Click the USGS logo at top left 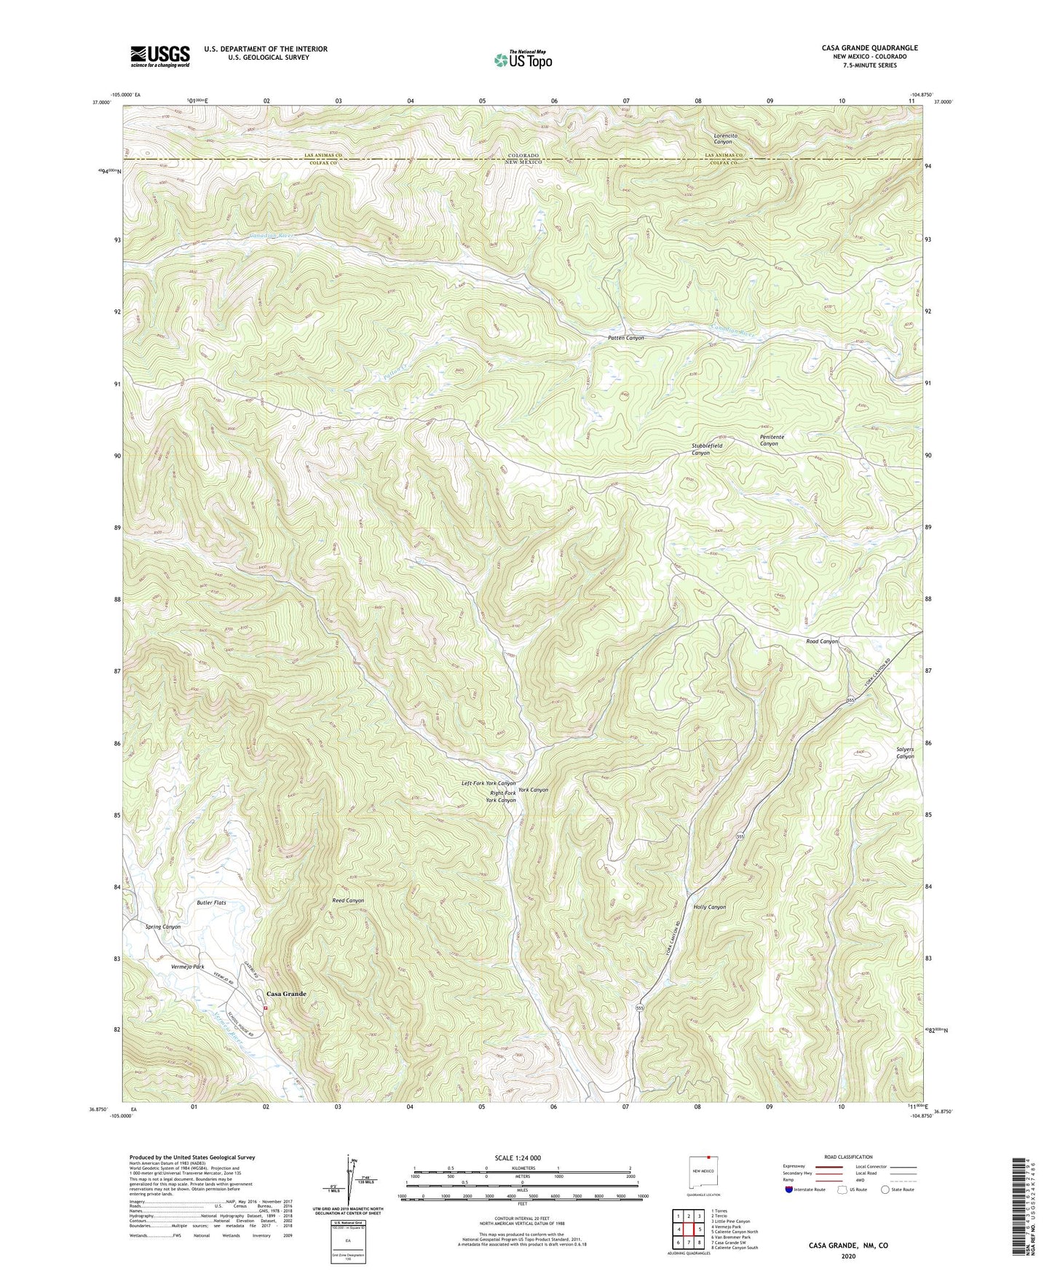click(160, 55)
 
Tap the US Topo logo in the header click(522, 60)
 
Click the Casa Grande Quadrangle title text click(869, 48)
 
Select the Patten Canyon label click(626, 338)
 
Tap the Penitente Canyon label click(772, 440)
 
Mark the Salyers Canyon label click(905, 753)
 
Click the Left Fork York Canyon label click(489, 783)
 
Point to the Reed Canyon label click(348, 900)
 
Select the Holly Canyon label click(710, 907)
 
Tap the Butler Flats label click(211, 903)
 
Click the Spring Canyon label click(163, 927)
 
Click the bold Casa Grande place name click(286, 994)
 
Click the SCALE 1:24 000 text click(517, 1157)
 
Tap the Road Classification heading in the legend click(848, 1157)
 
